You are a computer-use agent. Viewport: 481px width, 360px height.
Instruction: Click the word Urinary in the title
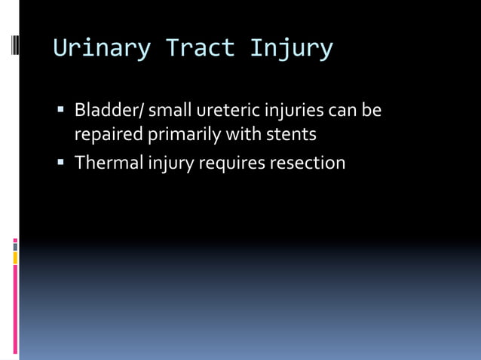[x=102, y=48]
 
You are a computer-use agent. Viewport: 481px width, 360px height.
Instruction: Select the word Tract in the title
[x=201, y=47]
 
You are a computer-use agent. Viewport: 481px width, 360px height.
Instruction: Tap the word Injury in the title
[x=292, y=48]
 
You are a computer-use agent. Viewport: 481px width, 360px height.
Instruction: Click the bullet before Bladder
[x=60, y=109]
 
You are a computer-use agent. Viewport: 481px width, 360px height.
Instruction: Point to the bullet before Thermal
[x=60, y=162]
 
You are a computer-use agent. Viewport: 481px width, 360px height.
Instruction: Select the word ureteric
[x=228, y=110]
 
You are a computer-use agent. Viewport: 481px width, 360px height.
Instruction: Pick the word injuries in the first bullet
[x=294, y=111]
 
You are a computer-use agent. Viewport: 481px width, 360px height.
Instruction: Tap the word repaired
[x=109, y=135]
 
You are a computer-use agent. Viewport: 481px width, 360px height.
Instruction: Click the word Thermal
[x=109, y=162]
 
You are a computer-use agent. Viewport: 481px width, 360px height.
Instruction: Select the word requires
[x=232, y=163]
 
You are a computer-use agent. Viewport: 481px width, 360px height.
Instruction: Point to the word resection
[x=308, y=163]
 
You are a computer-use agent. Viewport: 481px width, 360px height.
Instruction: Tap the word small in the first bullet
[x=170, y=110]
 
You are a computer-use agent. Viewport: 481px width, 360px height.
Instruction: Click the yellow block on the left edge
[x=15, y=258]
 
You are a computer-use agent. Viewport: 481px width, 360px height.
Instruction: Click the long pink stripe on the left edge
[x=15, y=310]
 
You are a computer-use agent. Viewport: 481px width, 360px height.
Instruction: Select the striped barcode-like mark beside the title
[x=15, y=45]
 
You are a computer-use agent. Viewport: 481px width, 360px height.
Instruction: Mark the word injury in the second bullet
[x=171, y=163]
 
